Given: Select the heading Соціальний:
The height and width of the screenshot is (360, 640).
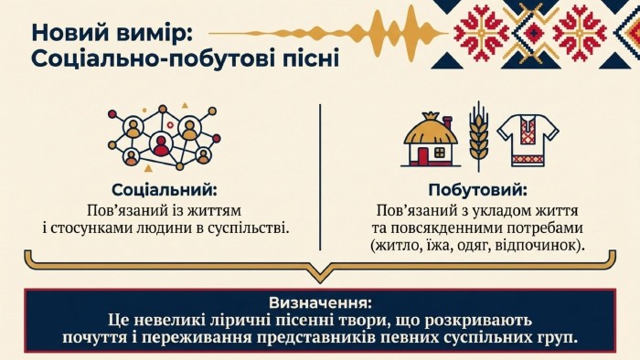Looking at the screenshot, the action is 165,190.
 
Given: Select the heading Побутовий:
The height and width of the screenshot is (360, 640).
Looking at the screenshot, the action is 477,190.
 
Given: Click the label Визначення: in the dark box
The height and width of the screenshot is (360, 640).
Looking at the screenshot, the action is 320,303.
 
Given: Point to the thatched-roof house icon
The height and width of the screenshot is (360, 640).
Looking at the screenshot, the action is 431,139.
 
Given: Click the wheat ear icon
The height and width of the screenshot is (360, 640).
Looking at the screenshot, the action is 478,136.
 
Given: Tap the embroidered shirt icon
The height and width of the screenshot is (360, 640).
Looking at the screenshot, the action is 528,140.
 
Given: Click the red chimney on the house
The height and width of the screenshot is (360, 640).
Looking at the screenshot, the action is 447,122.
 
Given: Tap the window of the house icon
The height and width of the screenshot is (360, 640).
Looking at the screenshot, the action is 439,153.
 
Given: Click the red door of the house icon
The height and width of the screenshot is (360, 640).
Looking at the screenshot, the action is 422,157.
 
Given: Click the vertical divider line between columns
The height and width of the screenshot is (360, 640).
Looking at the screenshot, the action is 320,177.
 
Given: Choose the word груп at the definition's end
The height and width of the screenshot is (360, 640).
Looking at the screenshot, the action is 560,338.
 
